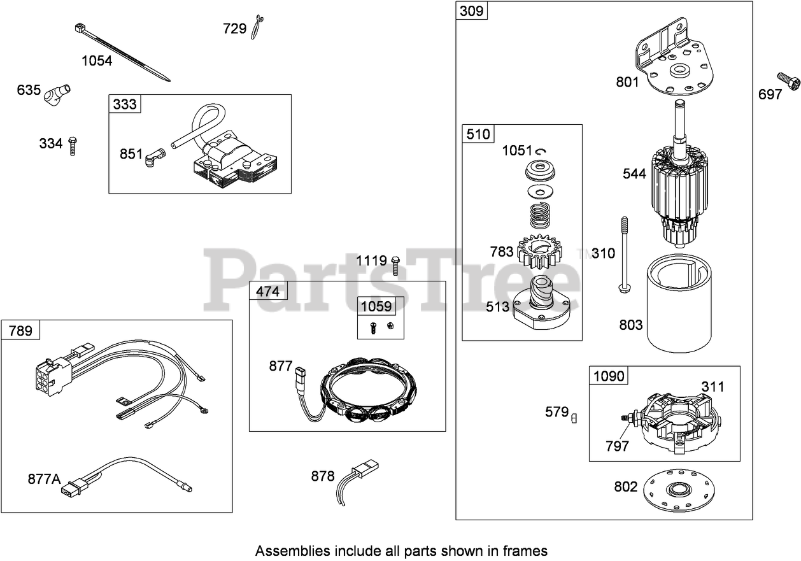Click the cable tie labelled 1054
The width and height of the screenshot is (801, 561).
coord(121,52)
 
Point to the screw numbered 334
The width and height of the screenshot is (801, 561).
coord(73,145)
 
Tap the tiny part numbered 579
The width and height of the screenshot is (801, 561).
coord(574,418)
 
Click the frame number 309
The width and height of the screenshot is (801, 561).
coord(471,10)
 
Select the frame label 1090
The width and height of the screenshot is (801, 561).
coord(609,376)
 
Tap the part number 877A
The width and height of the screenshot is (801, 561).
coord(44,478)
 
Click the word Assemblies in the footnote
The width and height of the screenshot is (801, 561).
coord(292,550)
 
